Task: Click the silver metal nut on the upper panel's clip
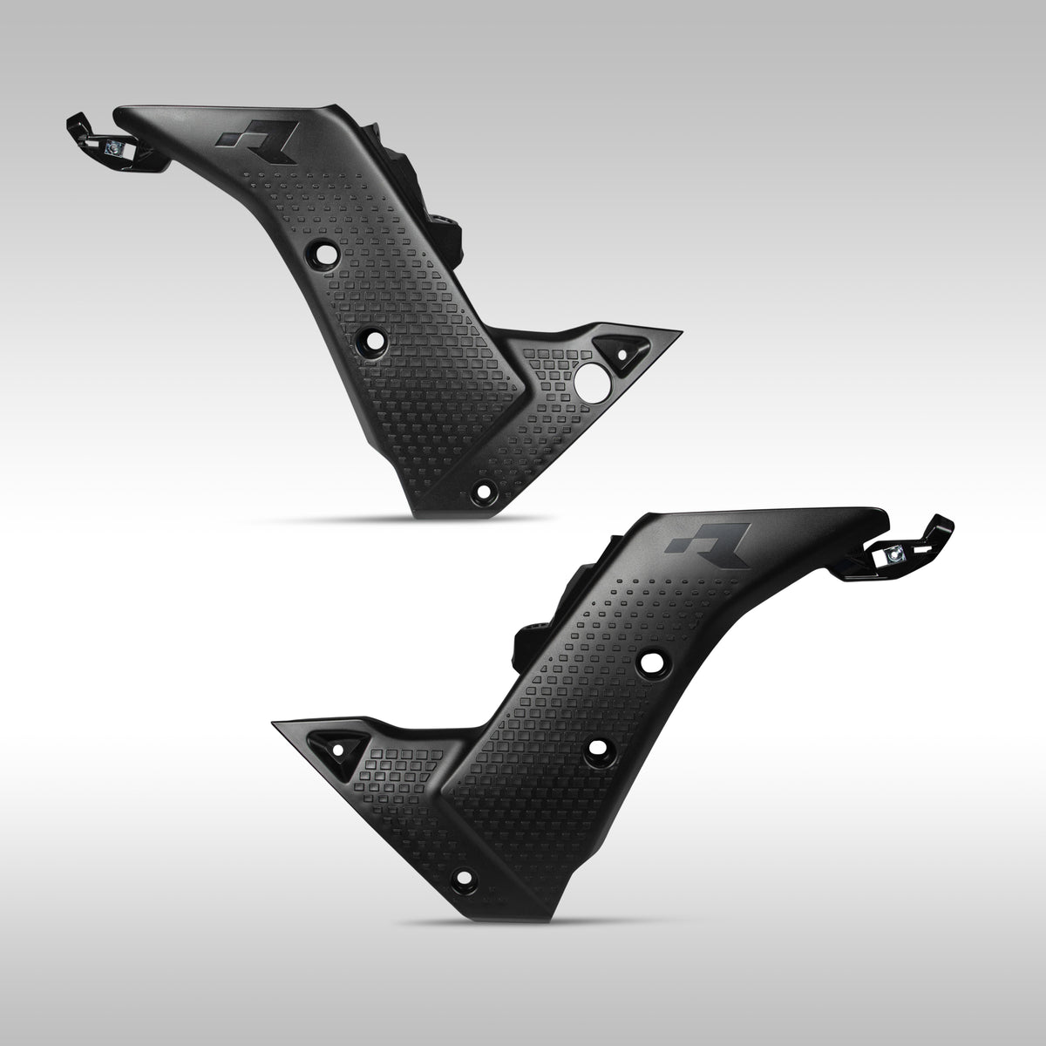[x=113, y=149]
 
